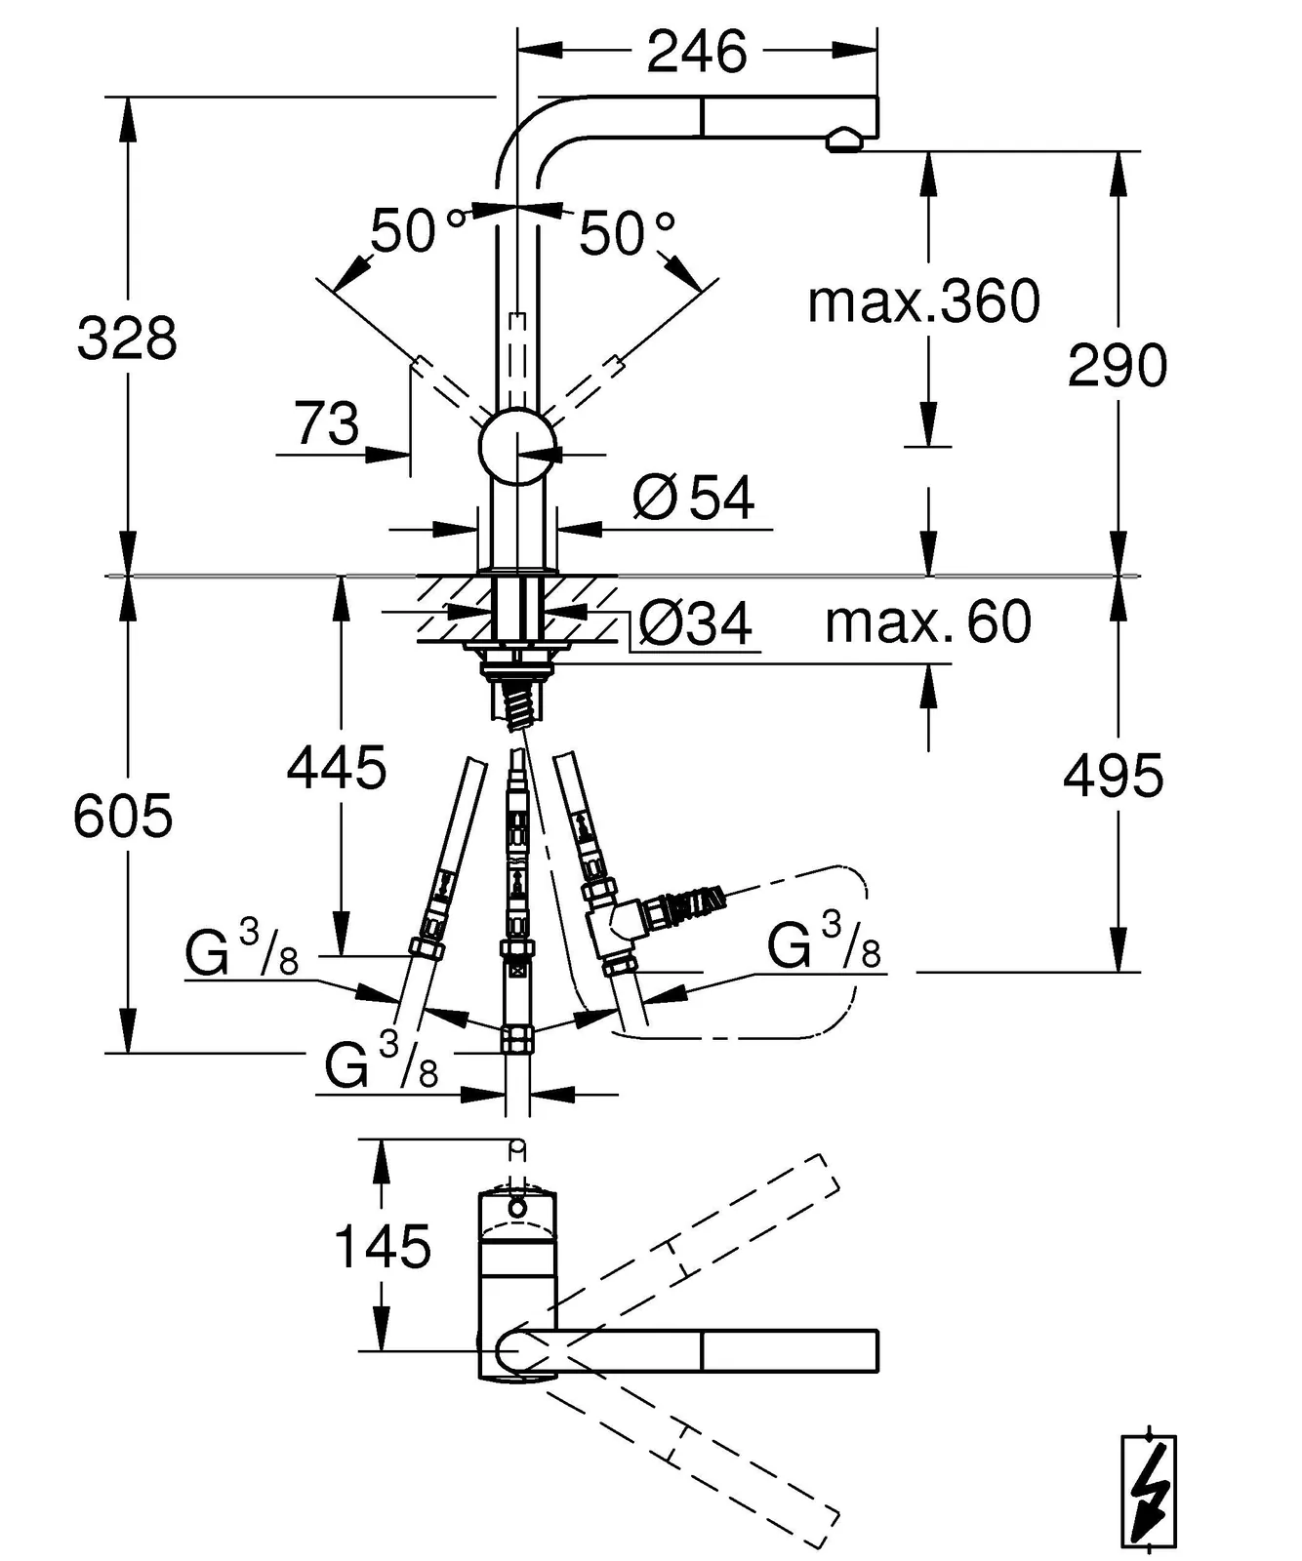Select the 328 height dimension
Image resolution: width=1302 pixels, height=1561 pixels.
(x=127, y=339)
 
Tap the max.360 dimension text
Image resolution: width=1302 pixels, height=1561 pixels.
(x=923, y=301)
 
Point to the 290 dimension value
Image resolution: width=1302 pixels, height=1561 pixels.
(x=1118, y=366)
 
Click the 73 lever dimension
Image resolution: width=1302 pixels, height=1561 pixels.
(x=327, y=424)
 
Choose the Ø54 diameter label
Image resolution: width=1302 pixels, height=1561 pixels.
(x=694, y=498)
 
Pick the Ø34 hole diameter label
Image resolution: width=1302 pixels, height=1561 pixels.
(x=696, y=622)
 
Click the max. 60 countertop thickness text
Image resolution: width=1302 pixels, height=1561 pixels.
(x=928, y=621)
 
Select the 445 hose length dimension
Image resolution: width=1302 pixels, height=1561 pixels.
(x=337, y=768)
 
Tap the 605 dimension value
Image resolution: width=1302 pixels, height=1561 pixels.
(x=123, y=816)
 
